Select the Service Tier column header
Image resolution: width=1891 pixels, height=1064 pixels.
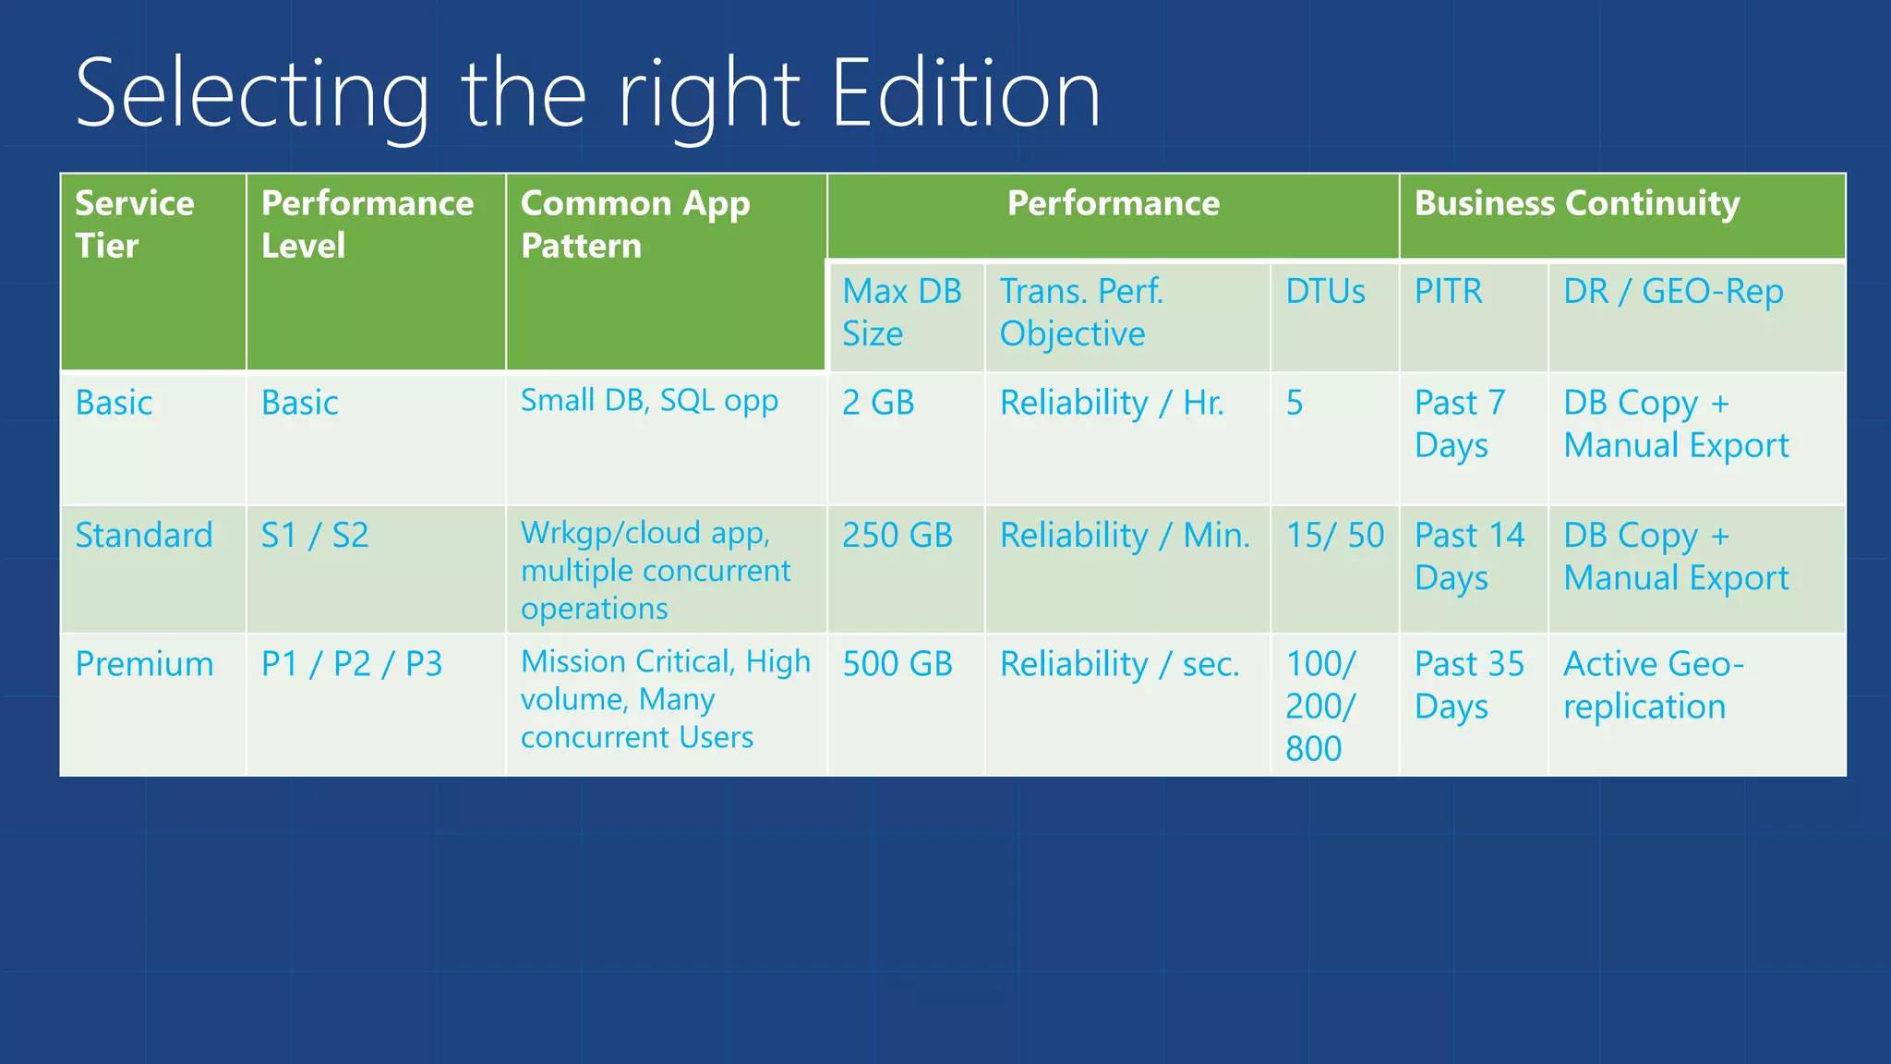tap(135, 224)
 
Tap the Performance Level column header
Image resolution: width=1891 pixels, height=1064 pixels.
tap(367, 224)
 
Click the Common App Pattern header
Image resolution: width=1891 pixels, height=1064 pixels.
tap(635, 224)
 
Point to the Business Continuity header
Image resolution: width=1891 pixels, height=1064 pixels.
tap(1576, 203)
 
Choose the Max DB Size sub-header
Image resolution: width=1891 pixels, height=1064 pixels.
tap(901, 312)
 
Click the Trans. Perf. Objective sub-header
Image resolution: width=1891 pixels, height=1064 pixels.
tap(1081, 312)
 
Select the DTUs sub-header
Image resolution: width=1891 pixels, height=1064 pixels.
tap(1325, 292)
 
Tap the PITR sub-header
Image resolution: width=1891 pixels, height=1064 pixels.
tap(1448, 292)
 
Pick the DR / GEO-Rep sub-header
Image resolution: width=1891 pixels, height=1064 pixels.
tap(1673, 292)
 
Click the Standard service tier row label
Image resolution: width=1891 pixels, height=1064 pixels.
tap(144, 536)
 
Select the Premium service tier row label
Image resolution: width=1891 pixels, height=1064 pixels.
tap(144, 664)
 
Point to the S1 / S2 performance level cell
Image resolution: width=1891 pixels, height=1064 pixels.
tap(315, 536)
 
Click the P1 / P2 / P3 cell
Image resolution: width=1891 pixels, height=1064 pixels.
tap(352, 664)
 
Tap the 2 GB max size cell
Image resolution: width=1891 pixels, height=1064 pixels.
tap(878, 403)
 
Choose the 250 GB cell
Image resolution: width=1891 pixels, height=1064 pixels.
tap(897, 536)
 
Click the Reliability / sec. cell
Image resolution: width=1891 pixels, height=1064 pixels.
tap(1120, 664)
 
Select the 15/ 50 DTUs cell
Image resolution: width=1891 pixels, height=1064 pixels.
tap(1335, 536)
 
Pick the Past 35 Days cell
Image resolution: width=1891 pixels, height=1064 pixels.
tap(1469, 685)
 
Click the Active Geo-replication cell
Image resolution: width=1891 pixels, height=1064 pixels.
tap(1653, 685)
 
